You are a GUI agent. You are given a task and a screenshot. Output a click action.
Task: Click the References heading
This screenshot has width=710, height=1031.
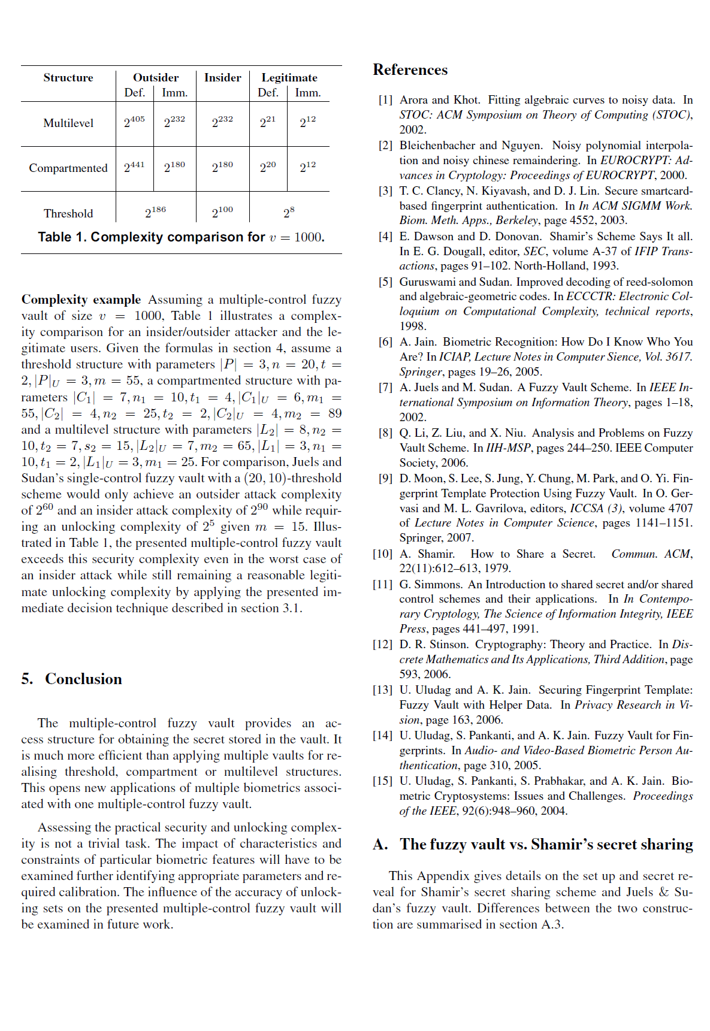click(410, 70)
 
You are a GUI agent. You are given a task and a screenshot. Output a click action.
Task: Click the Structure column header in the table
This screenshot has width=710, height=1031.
click(68, 78)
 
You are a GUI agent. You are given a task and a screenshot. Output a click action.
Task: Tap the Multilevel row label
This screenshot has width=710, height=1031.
click(68, 123)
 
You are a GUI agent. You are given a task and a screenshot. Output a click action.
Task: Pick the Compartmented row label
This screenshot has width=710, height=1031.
click(68, 168)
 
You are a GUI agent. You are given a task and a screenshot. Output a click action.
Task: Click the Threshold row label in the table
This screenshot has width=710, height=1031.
click(68, 213)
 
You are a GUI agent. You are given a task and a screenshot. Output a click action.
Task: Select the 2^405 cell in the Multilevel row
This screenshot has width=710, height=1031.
click(134, 122)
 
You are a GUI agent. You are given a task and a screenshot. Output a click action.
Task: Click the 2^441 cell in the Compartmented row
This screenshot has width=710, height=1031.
click(134, 167)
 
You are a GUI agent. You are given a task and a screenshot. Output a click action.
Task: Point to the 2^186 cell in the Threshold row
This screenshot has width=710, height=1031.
click(155, 212)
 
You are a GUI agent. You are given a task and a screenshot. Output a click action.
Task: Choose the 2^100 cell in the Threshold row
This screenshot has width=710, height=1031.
click(222, 212)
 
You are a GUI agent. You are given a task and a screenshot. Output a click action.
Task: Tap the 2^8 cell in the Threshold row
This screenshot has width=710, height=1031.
click(289, 212)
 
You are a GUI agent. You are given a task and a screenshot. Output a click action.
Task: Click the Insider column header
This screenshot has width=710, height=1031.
click(222, 78)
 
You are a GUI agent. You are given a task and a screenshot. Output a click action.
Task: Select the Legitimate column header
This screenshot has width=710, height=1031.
click(289, 78)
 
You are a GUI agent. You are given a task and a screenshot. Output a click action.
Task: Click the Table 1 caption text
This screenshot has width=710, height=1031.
click(181, 237)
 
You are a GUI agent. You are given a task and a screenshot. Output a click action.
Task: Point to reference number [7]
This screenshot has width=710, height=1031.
click(385, 388)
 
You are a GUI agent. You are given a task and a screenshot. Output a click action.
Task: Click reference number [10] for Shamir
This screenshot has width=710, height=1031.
click(383, 554)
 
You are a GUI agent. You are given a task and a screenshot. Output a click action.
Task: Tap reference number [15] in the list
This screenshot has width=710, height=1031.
click(383, 781)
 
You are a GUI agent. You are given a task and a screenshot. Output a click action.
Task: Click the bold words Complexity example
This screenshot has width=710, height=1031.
click(81, 300)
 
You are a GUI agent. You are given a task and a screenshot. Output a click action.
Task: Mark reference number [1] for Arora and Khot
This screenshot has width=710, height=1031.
click(385, 100)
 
